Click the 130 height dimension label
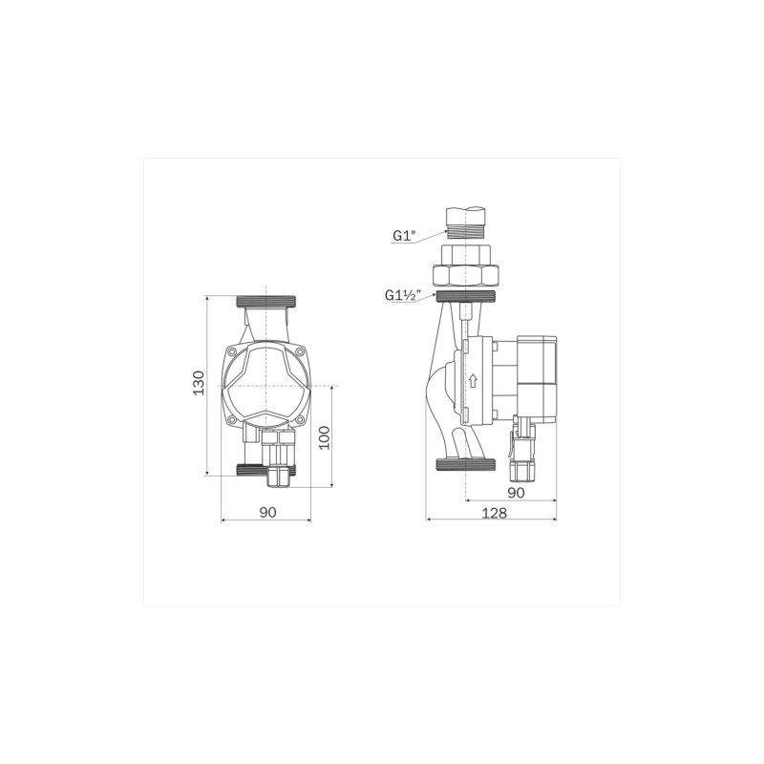(199, 382)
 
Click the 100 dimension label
(324, 437)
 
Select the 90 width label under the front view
(267, 512)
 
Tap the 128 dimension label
(494, 512)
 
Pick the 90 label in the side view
(516, 493)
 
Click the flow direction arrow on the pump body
(472, 381)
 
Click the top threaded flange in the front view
(267, 300)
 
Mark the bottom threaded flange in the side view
(465, 466)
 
